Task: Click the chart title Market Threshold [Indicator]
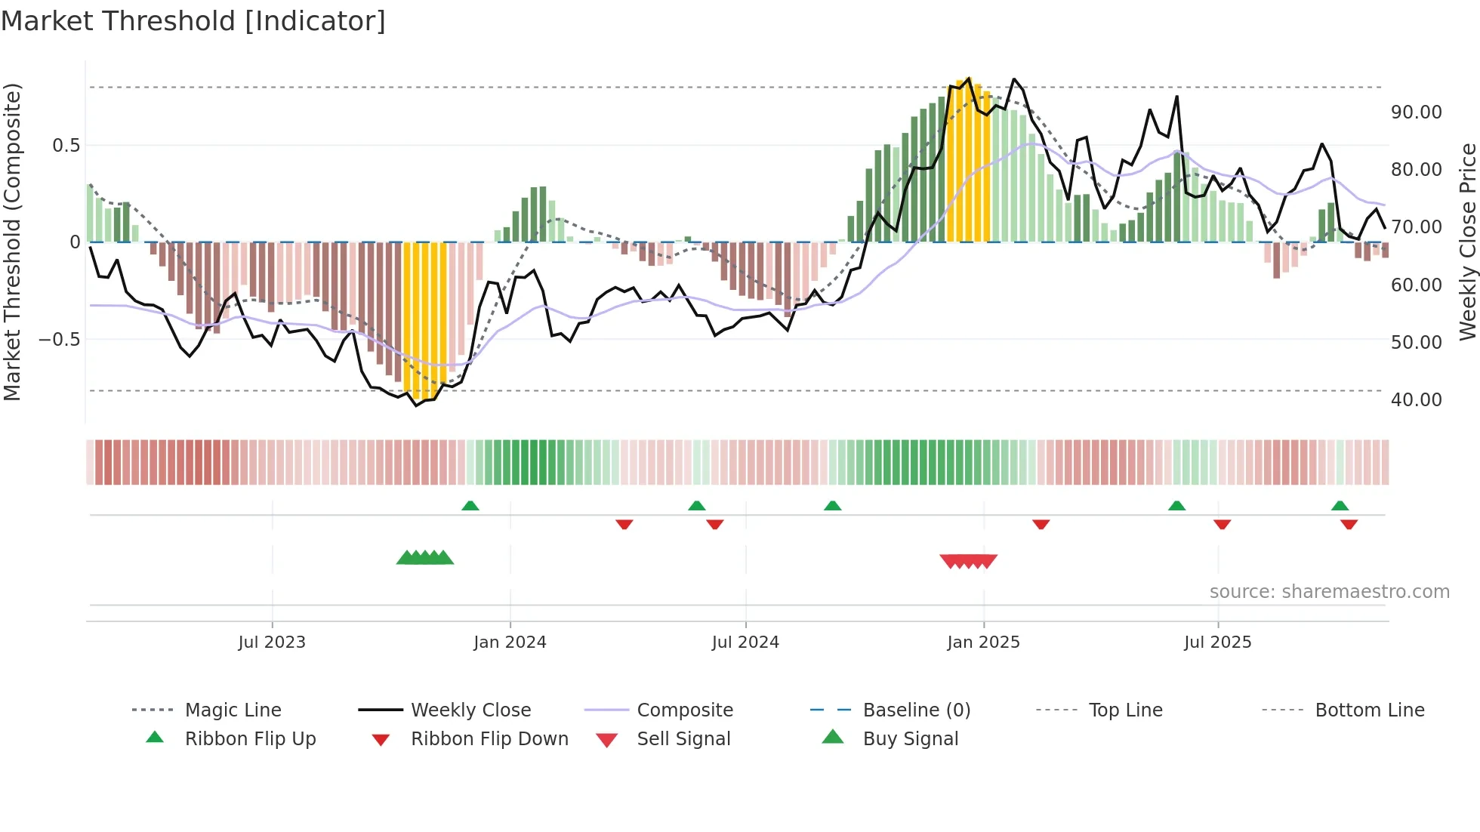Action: click(x=193, y=21)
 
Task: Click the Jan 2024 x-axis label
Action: click(x=510, y=642)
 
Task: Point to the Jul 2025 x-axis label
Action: click(x=1217, y=642)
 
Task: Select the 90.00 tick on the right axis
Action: click(x=1416, y=112)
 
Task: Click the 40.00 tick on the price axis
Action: click(x=1416, y=399)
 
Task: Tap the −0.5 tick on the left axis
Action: click(x=59, y=339)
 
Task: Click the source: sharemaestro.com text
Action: click(x=1329, y=591)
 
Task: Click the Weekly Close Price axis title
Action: click(x=1467, y=242)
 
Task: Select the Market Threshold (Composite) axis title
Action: click(x=12, y=242)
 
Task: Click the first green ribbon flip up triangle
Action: click(x=470, y=505)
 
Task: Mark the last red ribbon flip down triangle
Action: click(x=1349, y=524)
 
